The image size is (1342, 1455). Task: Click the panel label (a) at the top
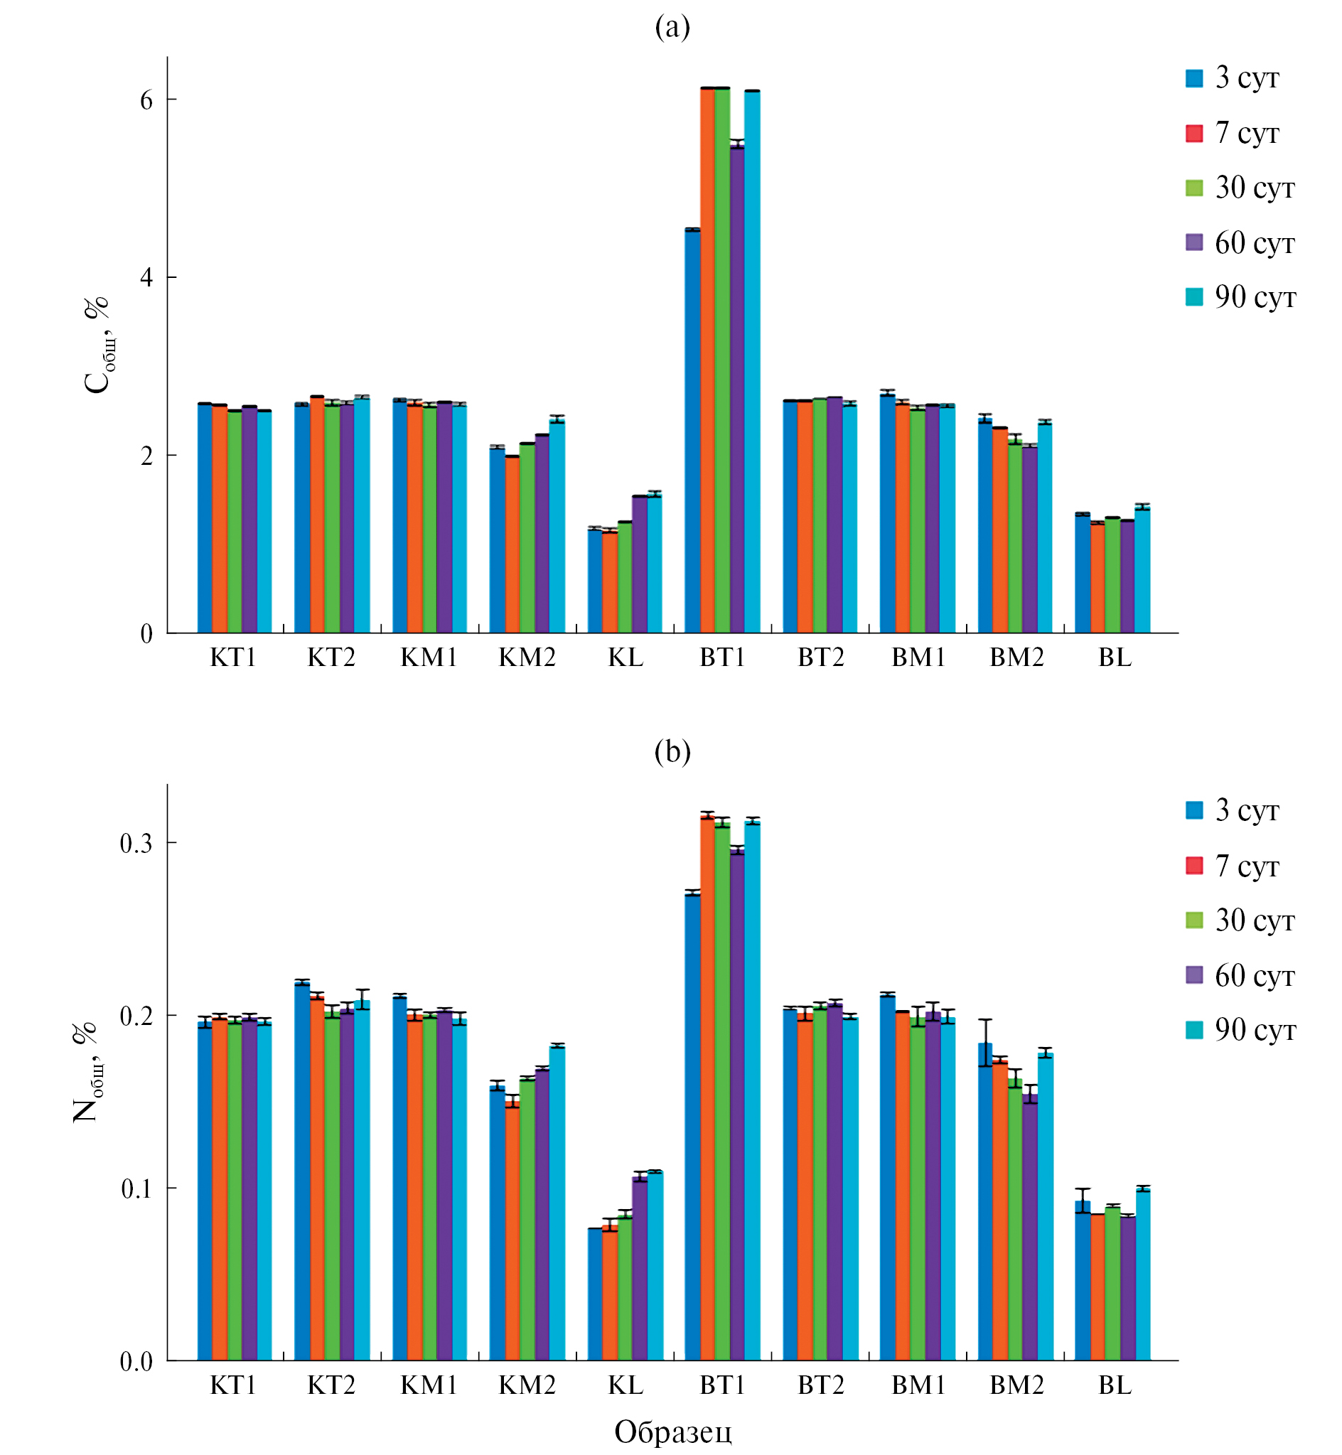(672, 28)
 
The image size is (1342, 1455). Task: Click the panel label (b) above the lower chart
(672, 751)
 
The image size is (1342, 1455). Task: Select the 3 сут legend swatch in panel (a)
(1194, 78)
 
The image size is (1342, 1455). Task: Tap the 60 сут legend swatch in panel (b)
(1194, 975)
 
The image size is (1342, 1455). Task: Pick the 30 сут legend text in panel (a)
(1255, 188)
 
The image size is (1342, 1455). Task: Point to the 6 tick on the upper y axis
(146, 100)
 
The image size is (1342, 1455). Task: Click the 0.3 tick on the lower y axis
(136, 843)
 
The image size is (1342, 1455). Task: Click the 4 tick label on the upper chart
(146, 277)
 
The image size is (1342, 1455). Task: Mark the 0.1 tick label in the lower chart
(136, 1188)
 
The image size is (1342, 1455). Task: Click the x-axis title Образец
(672, 1432)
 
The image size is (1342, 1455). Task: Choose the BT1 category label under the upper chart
(723, 657)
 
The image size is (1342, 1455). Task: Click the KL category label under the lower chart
(626, 1385)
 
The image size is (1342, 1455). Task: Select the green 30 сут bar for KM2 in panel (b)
(527, 1220)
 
